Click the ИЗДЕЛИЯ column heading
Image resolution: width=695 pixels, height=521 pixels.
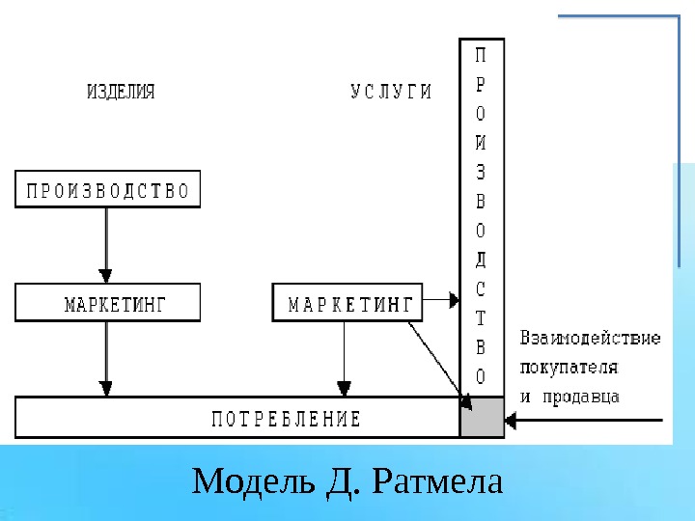[x=121, y=93]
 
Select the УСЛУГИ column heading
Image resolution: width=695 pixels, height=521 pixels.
[x=390, y=93]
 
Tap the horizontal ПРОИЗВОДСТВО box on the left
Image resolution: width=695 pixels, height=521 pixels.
[x=107, y=189]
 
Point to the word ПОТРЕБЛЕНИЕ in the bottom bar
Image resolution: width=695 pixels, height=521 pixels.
[x=286, y=419]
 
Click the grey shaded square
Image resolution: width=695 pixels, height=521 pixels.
[x=482, y=418]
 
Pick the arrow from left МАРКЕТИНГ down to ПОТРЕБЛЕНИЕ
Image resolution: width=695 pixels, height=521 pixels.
[x=107, y=358]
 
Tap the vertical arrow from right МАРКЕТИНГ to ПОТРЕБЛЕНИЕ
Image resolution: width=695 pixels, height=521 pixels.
[x=344, y=358]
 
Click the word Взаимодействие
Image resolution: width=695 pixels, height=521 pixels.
[x=590, y=339]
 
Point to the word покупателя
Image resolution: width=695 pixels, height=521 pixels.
[x=569, y=368]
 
